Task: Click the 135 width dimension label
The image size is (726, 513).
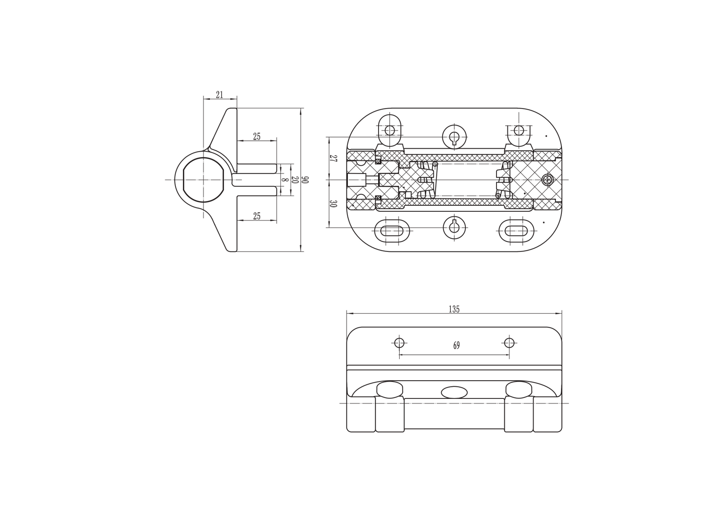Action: [454, 309]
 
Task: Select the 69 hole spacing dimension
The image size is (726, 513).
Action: [456, 345]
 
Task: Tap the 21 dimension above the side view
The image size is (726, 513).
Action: [220, 95]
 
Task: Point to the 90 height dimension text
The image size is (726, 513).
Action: [306, 180]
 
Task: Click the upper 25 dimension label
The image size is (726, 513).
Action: [257, 137]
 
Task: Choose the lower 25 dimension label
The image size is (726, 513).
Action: [257, 216]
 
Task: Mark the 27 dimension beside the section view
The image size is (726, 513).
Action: [333, 158]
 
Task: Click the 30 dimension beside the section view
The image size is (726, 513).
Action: [333, 204]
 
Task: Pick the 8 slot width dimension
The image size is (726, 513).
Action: [284, 180]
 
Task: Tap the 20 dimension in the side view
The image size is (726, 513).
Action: [295, 180]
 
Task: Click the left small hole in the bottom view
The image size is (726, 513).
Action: [399, 343]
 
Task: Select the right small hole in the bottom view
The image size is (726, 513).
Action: [509, 343]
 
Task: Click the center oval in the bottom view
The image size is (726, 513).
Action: [454, 392]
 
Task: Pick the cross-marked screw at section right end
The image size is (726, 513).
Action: [548, 180]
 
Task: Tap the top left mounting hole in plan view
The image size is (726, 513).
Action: [390, 130]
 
